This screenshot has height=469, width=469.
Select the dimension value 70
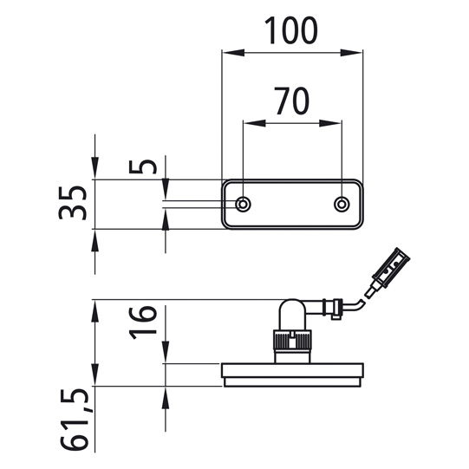coord(293,101)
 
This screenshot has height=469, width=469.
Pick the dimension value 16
coord(148,322)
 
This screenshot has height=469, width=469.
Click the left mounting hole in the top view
coord(244,204)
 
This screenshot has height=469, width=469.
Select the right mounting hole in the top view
coord(342,204)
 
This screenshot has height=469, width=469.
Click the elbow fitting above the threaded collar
coord(292,314)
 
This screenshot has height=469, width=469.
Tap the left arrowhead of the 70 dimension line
coord(249,122)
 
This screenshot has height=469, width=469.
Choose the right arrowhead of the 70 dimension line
coord(337,122)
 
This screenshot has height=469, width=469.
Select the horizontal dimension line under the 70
coord(293,122)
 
